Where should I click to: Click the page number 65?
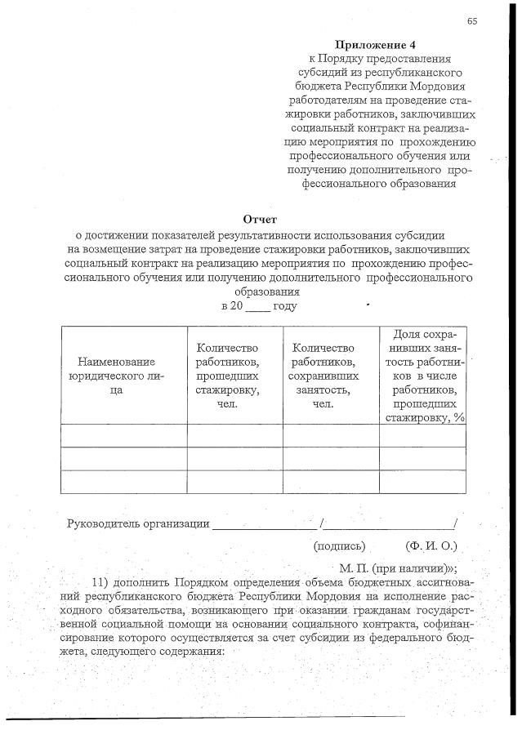(472, 20)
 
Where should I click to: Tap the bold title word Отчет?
(261, 219)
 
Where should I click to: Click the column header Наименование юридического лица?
(117, 376)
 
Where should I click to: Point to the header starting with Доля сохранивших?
(424, 376)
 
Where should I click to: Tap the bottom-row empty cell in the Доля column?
(423, 482)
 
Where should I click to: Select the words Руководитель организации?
(137, 523)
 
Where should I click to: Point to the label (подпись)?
(339, 545)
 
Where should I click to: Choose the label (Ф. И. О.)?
(431, 545)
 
